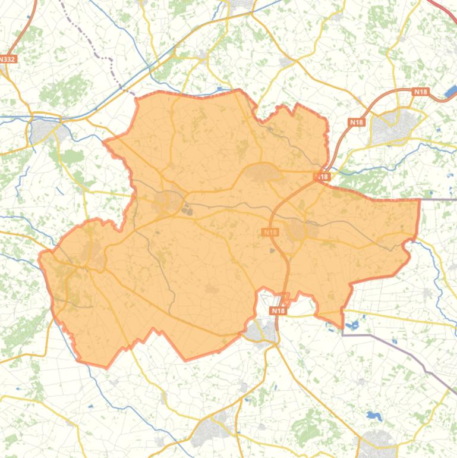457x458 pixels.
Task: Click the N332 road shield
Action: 8,59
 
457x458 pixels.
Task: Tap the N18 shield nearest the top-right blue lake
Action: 420,92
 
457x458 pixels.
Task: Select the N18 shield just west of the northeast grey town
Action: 357,123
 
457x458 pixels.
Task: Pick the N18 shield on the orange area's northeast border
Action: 322,177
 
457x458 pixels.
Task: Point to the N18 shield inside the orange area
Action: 270,232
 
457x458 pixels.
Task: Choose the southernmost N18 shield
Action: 278,310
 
